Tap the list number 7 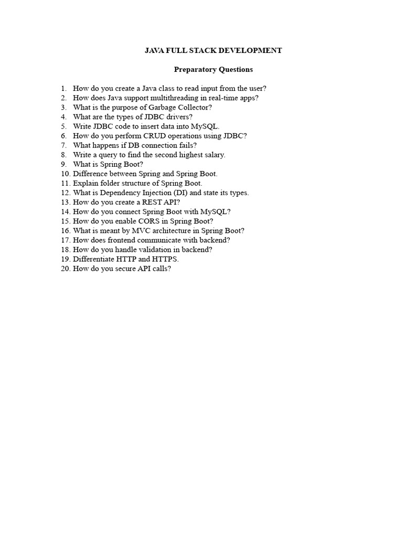tap(63, 145)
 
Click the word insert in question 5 tap(141, 126)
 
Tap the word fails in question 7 tap(186, 145)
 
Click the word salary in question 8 tap(214, 155)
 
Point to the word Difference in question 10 tap(90, 174)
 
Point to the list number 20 tap(65, 268)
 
